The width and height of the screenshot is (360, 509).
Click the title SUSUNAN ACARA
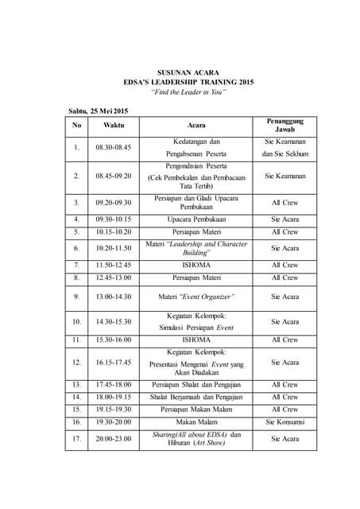pos(188,72)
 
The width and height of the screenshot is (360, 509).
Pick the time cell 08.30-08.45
pos(114,148)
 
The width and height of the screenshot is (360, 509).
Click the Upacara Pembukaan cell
pos(195,219)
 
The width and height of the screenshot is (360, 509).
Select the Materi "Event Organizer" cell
pos(195,297)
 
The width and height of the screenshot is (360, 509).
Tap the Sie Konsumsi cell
pos(285,422)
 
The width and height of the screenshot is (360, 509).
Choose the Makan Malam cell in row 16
pos(195,422)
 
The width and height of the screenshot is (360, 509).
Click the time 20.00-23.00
pos(114,439)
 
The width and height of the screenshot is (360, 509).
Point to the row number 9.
pos(76,297)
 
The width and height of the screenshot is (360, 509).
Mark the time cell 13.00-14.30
pos(114,297)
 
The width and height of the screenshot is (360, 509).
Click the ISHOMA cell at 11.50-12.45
pos(195,265)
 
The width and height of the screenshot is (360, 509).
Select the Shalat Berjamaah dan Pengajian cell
pos(195,396)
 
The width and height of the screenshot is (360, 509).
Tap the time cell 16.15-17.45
pos(114,363)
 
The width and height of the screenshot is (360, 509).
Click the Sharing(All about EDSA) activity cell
pos(195,439)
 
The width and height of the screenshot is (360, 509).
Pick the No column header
pos(76,126)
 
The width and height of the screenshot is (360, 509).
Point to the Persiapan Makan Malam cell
pos(195,409)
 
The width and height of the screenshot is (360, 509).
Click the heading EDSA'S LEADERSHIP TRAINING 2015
pos(188,82)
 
